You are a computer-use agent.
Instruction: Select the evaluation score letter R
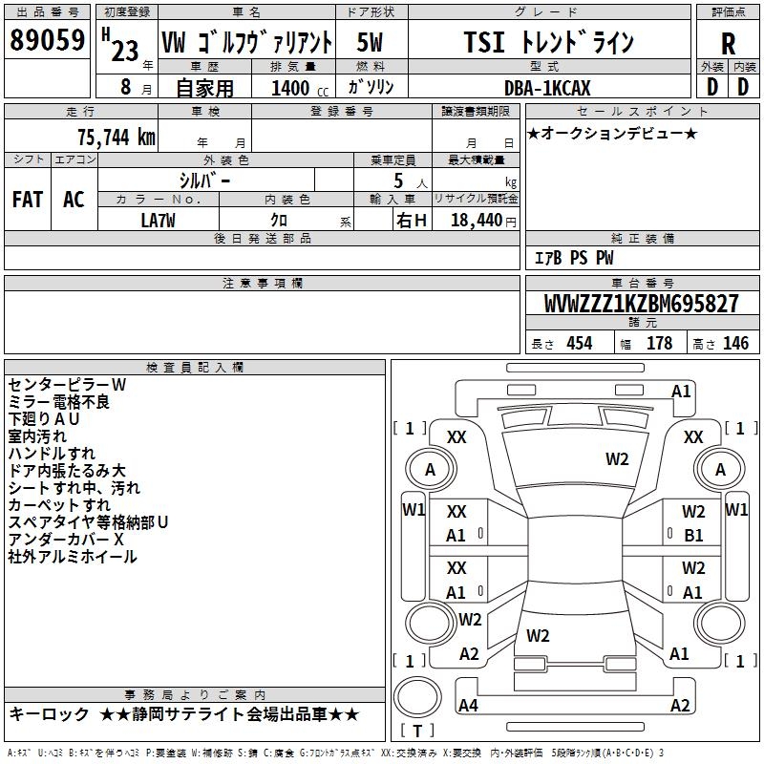[728, 43]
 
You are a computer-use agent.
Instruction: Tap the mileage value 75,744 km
[116, 137]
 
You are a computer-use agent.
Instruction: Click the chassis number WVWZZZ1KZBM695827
[641, 305]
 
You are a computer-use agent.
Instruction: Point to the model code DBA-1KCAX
[547, 88]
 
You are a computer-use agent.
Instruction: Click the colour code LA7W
[159, 220]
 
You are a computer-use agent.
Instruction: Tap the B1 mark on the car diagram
[693, 535]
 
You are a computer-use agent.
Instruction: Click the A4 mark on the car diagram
[468, 706]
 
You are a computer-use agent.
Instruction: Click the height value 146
[735, 344]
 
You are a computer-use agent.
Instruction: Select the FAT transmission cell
[27, 200]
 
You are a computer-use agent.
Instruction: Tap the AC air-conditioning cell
[74, 200]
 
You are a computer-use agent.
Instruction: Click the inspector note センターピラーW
[67, 384]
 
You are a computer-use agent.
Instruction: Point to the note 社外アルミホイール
[73, 556]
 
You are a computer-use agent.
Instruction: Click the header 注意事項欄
[263, 284]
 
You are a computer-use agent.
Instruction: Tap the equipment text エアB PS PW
[572, 258]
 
